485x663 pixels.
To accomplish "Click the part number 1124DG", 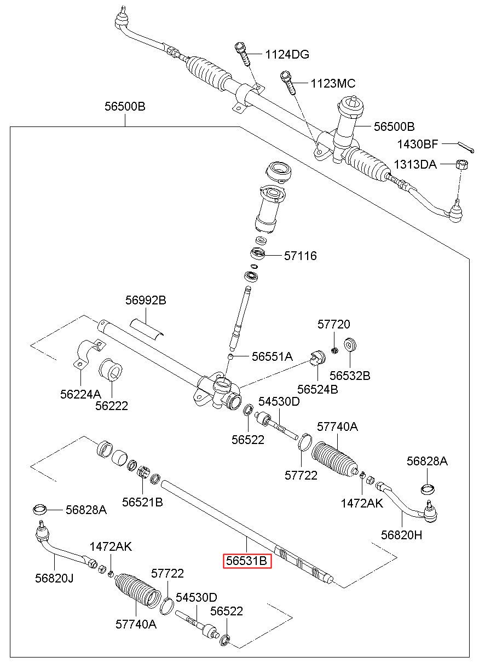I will pyautogui.click(x=287, y=54).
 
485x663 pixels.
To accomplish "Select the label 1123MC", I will pyautogui.click(x=333, y=84).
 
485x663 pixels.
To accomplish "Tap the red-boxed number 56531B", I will pyautogui.click(x=247, y=561).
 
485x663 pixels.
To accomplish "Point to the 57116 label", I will pyautogui.click(x=300, y=256).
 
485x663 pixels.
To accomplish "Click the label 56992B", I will pyautogui.click(x=146, y=300).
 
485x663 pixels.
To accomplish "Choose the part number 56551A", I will pyautogui.click(x=272, y=356).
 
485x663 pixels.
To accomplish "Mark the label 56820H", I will pyautogui.click(x=402, y=535).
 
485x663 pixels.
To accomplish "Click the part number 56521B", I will pyautogui.click(x=142, y=501).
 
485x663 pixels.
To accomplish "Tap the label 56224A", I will pyautogui.click(x=80, y=393).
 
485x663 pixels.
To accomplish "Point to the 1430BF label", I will pyautogui.click(x=418, y=145).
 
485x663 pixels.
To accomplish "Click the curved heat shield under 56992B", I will pyautogui.click(x=147, y=326).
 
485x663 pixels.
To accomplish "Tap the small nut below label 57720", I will pyautogui.click(x=334, y=349).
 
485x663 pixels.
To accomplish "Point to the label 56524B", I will pyautogui.click(x=317, y=389).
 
